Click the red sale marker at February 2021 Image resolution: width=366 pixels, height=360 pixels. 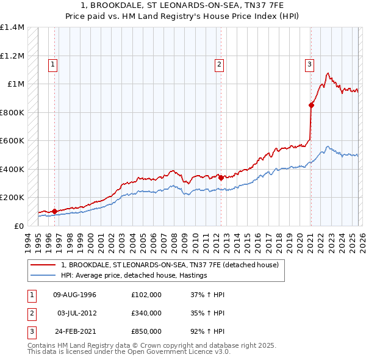pyautogui.click(x=311, y=105)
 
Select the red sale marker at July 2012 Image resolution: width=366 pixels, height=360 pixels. pyautogui.click(x=221, y=178)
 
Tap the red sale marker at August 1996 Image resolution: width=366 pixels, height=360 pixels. pyautogui.click(x=54, y=211)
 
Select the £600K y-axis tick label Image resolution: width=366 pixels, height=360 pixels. pyautogui.click(x=12, y=141)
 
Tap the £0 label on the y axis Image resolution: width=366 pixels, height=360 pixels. pyautogui.click(x=20, y=226)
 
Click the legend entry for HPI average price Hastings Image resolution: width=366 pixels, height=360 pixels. pyautogui.click(x=134, y=275)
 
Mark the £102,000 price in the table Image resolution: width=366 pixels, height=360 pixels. pyautogui.click(x=146, y=295)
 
